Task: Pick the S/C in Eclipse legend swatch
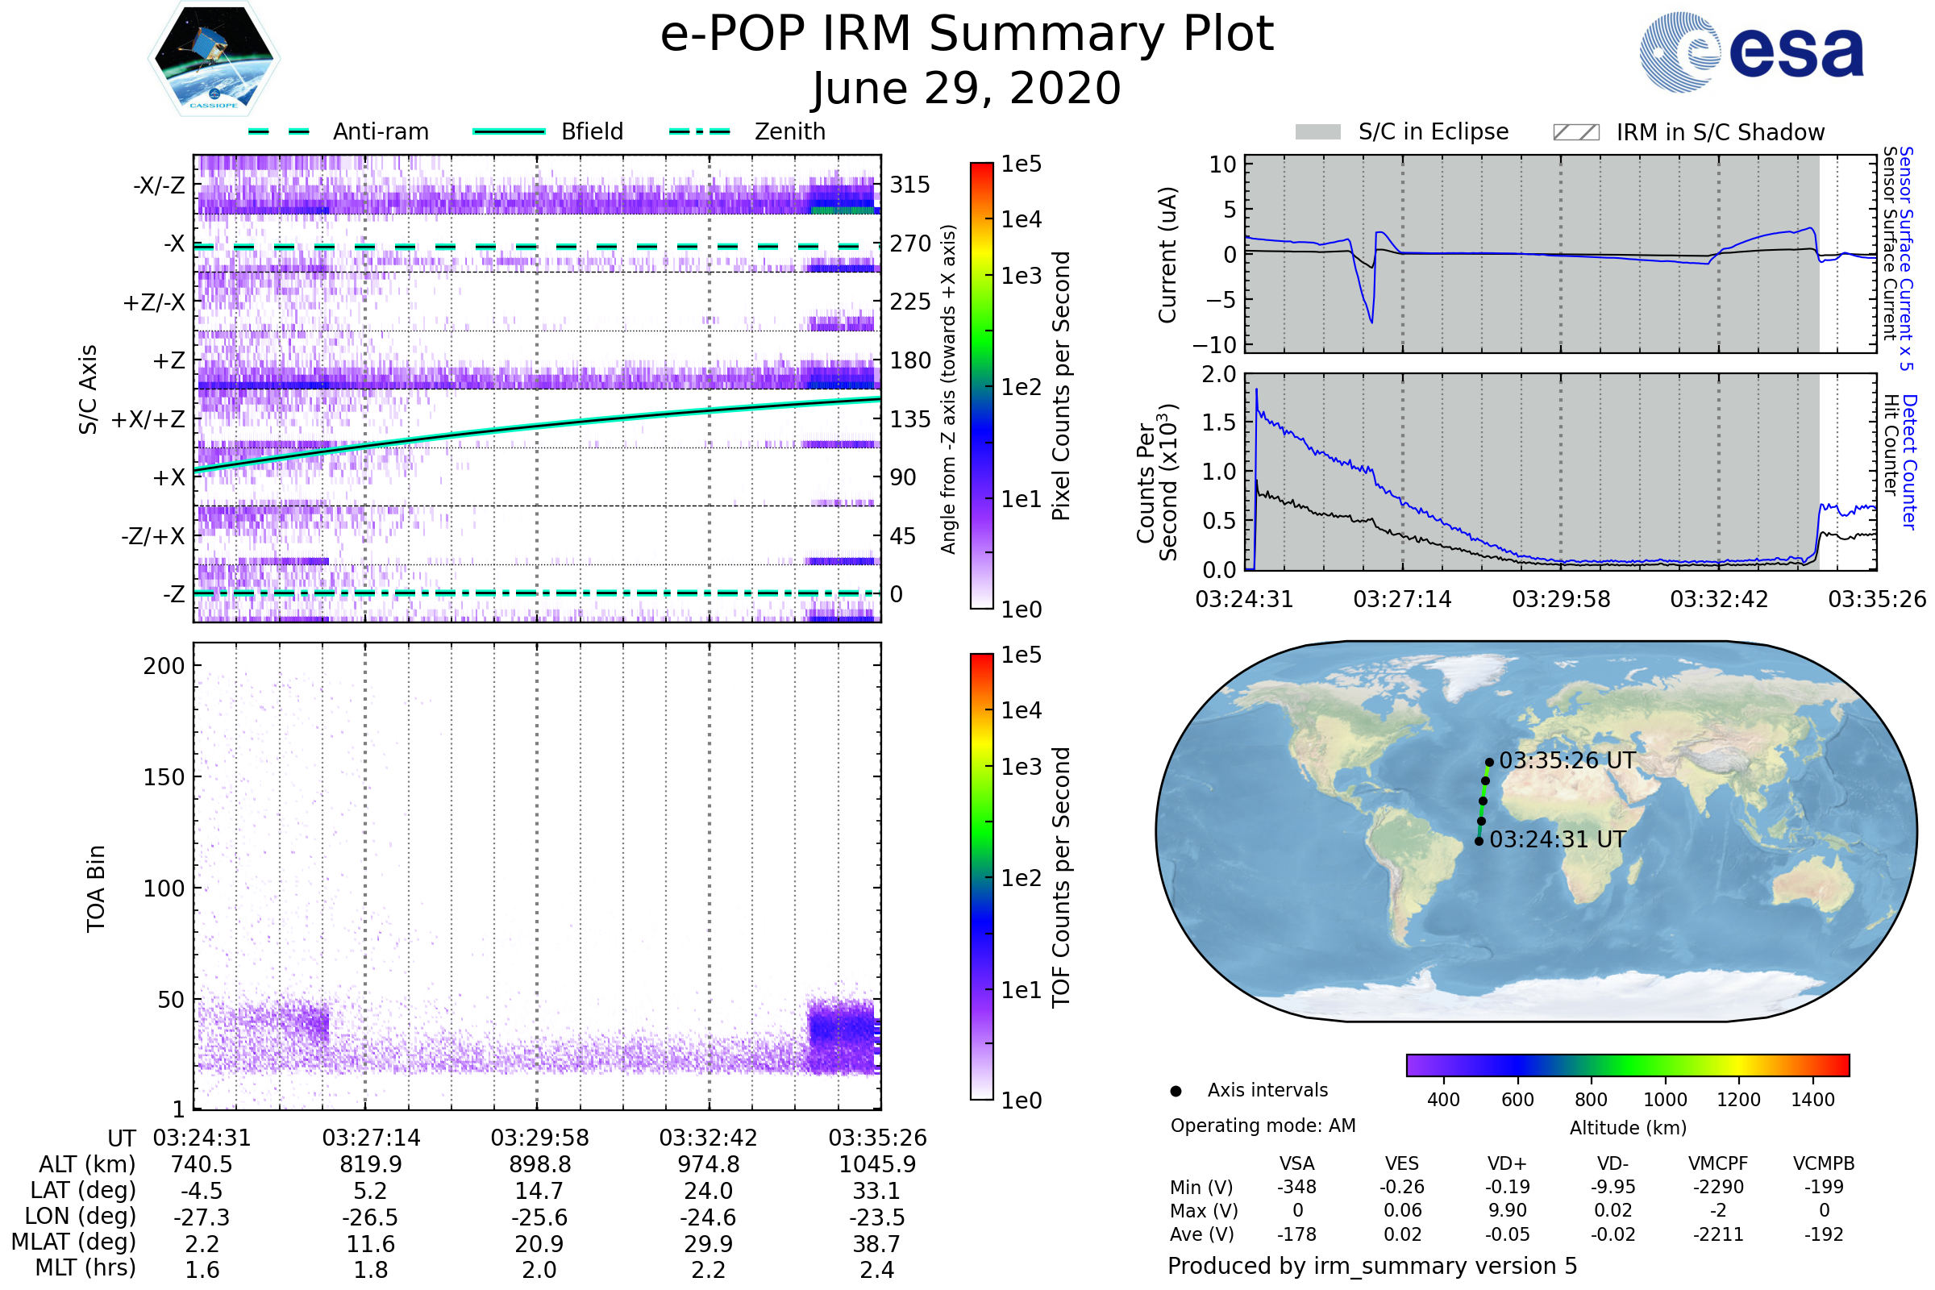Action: coord(1317,132)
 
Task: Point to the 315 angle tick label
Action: coord(909,185)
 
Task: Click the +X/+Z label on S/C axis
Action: coord(148,419)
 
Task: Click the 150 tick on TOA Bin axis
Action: coord(164,777)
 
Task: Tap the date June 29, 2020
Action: coord(967,89)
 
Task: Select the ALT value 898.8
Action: coord(539,1164)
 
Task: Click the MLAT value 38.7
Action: coord(876,1243)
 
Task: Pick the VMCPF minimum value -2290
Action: coord(1718,1187)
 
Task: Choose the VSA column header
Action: coord(1296,1163)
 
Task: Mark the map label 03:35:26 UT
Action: coord(1567,761)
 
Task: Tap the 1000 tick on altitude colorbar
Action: coord(1664,1100)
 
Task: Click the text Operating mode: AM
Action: coord(1263,1126)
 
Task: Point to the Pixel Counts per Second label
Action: coord(1061,386)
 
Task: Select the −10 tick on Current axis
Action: coord(1221,344)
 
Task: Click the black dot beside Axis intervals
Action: coord(1176,1091)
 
